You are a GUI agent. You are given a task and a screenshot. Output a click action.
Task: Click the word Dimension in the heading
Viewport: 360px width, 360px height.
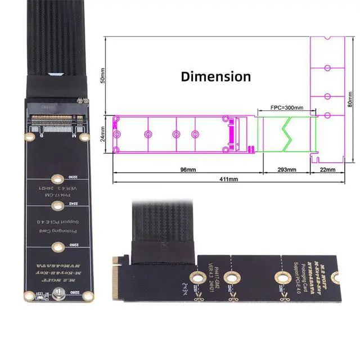coord(216,76)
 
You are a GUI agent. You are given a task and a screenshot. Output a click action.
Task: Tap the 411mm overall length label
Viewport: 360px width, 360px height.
coord(228,179)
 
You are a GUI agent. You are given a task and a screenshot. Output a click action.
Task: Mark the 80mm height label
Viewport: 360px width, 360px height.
coord(350,99)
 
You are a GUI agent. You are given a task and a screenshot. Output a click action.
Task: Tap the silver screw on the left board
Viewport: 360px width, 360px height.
coord(56,292)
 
